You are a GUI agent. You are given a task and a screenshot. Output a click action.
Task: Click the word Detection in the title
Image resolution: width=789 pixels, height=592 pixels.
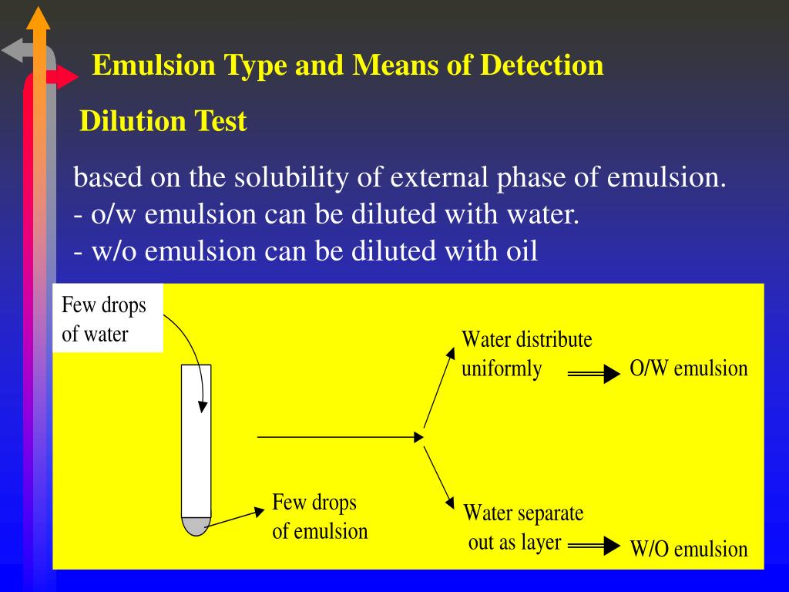tap(542, 66)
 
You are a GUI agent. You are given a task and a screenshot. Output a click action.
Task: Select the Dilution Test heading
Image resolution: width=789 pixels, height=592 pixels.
tap(163, 121)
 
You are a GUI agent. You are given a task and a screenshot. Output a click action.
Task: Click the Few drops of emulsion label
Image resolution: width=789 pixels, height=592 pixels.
tap(320, 516)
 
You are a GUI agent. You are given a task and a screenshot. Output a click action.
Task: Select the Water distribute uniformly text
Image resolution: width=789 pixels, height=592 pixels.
tap(526, 354)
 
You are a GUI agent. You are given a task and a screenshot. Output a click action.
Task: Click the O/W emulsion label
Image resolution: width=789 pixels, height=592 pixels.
tap(688, 368)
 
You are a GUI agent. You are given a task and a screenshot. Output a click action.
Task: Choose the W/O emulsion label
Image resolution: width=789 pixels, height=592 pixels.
tap(688, 549)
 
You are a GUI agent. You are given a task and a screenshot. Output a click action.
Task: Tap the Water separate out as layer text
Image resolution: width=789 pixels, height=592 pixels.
tap(522, 527)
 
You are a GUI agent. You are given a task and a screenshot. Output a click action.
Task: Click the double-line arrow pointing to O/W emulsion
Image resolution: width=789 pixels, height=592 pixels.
tap(594, 375)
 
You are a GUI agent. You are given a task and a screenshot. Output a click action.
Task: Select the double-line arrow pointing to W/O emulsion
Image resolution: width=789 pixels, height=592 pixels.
tap(594, 547)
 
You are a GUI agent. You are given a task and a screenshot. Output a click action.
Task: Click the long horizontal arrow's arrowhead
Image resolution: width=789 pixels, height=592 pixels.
tap(419, 437)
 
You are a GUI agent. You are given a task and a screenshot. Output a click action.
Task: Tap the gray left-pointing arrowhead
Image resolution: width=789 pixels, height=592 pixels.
tap(12, 52)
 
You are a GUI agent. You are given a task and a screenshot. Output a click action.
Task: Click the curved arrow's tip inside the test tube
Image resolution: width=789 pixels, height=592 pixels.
tap(203, 408)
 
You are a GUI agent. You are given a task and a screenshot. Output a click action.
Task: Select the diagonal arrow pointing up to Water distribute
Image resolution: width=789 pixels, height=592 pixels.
tap(438, 389)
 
